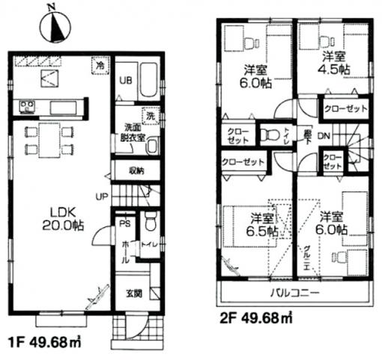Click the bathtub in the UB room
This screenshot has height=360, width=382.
point(148,81)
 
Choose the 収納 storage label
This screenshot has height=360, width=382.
point(136,170)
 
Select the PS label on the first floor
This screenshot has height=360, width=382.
point(126,222)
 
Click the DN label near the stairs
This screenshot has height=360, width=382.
point(324,136)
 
